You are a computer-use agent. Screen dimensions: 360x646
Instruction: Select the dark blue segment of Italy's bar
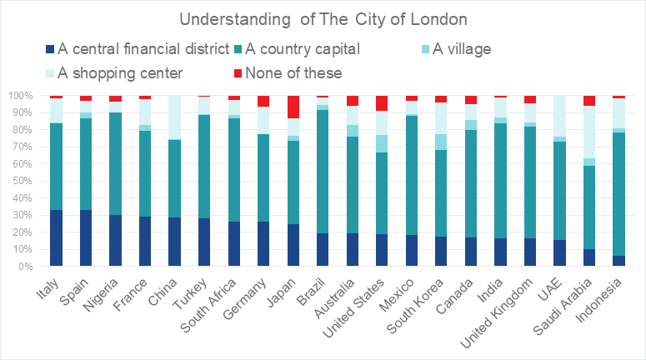click(x=56, y=238)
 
